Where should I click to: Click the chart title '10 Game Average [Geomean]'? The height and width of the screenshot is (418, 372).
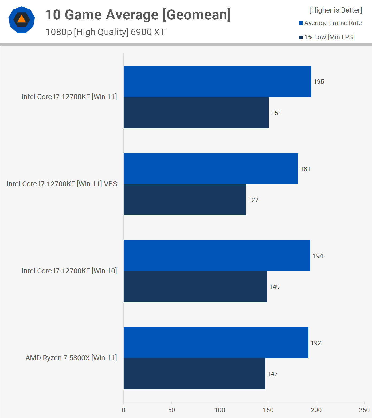pyautogui.click(x=138, y=15)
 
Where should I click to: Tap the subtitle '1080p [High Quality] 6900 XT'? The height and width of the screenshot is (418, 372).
pyautogui.click(x=105, y=32)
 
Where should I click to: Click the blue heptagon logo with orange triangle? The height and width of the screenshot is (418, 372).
pyautogui.click(x=22, y=19)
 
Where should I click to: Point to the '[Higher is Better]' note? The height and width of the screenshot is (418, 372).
pyautogui.click(x=335, y=10)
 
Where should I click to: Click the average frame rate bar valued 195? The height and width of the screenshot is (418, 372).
pyautogui.click(x=217, y=82)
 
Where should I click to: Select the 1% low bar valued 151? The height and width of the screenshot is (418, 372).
pyautogui.click(x=196, y=113)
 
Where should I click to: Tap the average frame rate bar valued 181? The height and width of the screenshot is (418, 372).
pyautogui.click(x=211, y=169)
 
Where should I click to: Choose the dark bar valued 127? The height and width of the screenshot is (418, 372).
pyautogui.click(x=185, y=200)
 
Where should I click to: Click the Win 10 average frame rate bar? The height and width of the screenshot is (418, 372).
pyautogui.click(x=217, y=256)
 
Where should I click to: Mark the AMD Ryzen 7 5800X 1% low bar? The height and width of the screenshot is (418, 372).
pyautogui.click(x=194, y=374)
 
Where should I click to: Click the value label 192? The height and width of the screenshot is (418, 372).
pyautogui.click(x=316, y=343)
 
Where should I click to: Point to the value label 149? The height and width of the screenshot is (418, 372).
pyautogui.click(x=274, y=287)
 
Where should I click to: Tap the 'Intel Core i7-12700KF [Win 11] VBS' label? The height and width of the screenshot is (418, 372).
pyautogui.click(x=62, y=184)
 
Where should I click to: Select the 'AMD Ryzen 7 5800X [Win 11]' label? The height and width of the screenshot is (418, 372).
pyautogui.click(x=71, y=358)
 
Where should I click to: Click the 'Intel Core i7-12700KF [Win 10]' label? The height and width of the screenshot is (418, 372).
pyautogui.click(x=69, y=271)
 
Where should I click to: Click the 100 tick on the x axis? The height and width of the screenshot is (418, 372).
pyautogui.click(x=220, y=410)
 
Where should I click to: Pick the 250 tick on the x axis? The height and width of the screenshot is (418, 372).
pyautogui.click(x=364, y=410)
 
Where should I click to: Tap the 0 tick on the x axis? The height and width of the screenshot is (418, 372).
pyautogui.click(x=123, y=410)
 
